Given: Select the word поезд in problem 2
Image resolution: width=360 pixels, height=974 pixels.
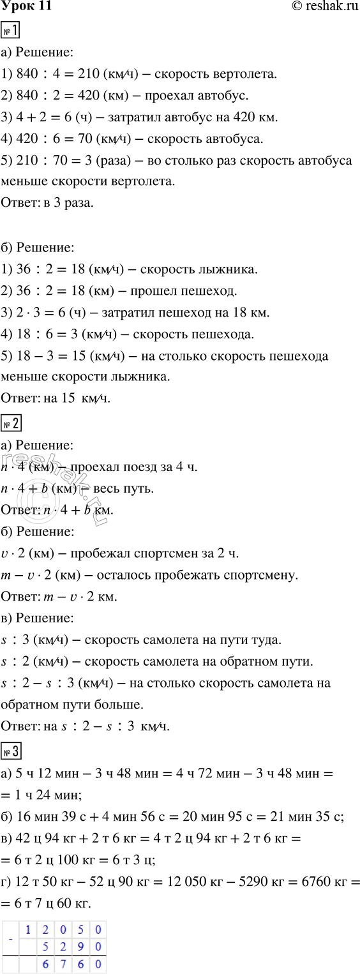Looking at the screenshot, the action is pos(128,467).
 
